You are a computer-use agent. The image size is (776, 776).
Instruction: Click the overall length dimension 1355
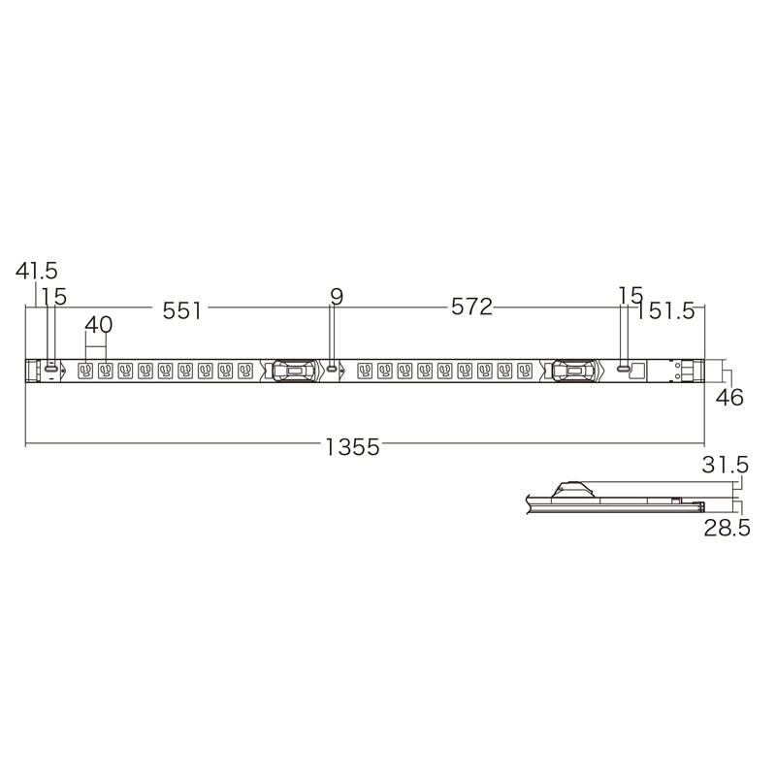point(352,447)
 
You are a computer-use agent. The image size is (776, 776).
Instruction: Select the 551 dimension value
point(182,310)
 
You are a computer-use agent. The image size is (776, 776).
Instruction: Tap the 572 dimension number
point(471,307)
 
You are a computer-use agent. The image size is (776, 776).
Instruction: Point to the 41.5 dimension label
point(36,271)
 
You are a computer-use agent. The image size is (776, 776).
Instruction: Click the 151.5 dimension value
point(665,310)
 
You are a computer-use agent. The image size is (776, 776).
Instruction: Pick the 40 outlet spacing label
point(99,325)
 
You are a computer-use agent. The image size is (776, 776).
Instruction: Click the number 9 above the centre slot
point(337,297)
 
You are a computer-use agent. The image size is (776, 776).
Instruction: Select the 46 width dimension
point(729,397)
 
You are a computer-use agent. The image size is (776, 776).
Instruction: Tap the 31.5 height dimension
point(725,465)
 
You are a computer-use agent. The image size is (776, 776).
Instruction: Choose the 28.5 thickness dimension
point(727,528)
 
